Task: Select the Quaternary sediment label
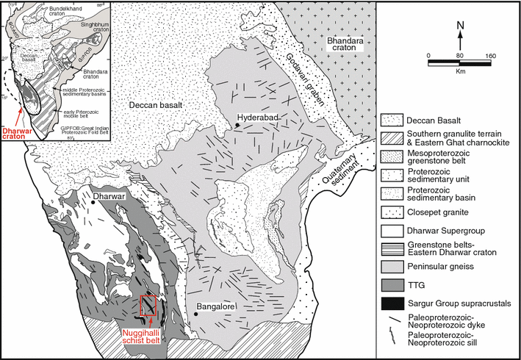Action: pos(339,165)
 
